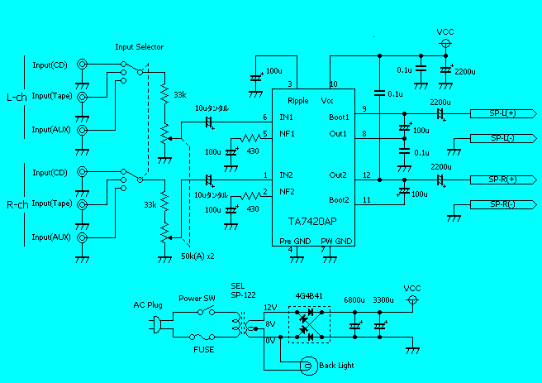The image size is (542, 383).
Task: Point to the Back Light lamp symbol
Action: [307, 364]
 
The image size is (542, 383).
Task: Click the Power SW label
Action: [197, 299]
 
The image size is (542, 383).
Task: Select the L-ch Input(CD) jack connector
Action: [83, 65]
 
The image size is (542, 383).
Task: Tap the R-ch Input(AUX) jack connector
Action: [83, 237]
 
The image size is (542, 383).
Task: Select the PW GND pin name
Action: [336, 240]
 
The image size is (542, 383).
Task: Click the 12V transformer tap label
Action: [270, 308]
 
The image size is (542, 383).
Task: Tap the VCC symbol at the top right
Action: [446, 41]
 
